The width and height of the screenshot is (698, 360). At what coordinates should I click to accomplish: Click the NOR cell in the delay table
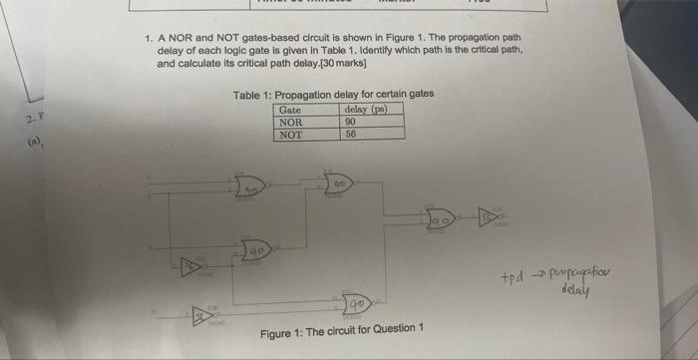(x=291, y=121)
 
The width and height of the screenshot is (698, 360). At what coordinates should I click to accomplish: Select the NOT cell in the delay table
(x=291, y=133)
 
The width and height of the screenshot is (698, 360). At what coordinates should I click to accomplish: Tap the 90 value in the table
(x=350, y=121)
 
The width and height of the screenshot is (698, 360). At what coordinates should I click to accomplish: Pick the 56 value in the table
(x=350, y=133)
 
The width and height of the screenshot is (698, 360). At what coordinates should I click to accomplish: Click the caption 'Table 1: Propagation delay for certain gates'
(x=332, y=95)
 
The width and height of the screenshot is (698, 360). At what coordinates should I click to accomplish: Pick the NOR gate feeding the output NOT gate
(x=441, y=215)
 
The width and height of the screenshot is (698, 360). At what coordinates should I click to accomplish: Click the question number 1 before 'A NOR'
(x=148, y=38)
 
